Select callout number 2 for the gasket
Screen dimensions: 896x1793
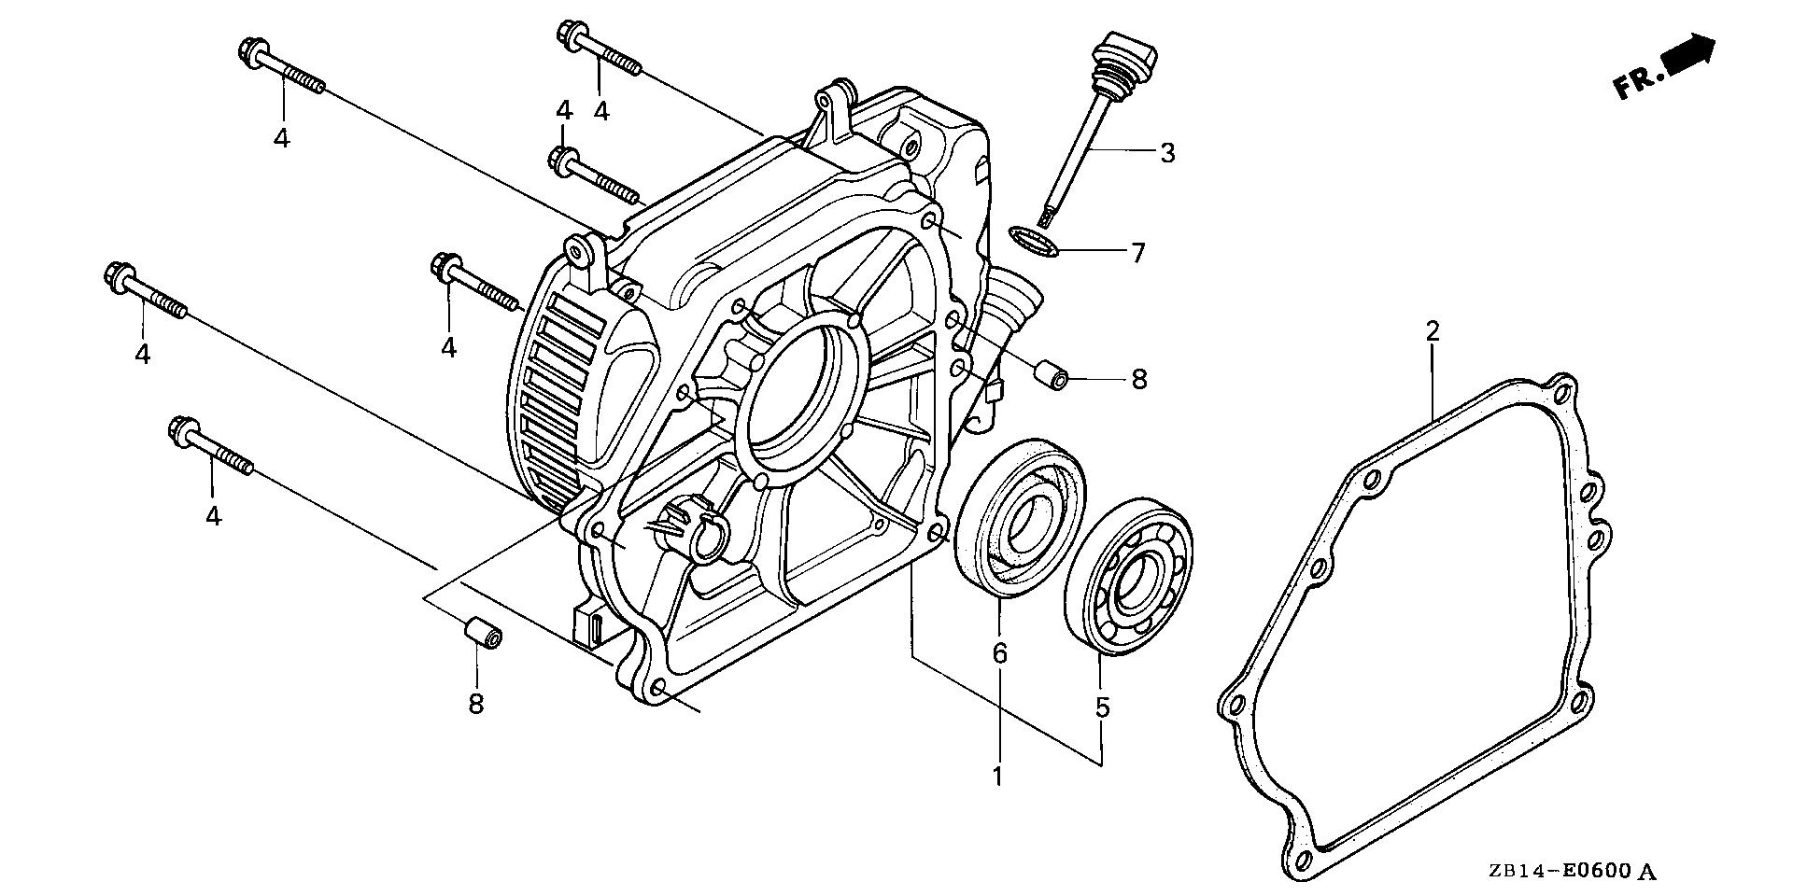click(1432, 330)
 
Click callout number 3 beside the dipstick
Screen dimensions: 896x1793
click(1167, 152)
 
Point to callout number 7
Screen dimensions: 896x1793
click(1137, 252)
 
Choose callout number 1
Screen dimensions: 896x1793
click(997, 776)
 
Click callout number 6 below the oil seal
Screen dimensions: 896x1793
click(999, 653)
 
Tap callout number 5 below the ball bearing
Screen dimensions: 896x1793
click(1102, 707)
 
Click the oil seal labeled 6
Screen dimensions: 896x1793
click(1022, 515)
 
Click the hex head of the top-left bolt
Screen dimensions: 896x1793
click(251, 49)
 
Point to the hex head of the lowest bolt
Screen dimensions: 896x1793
click(180, 429)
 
